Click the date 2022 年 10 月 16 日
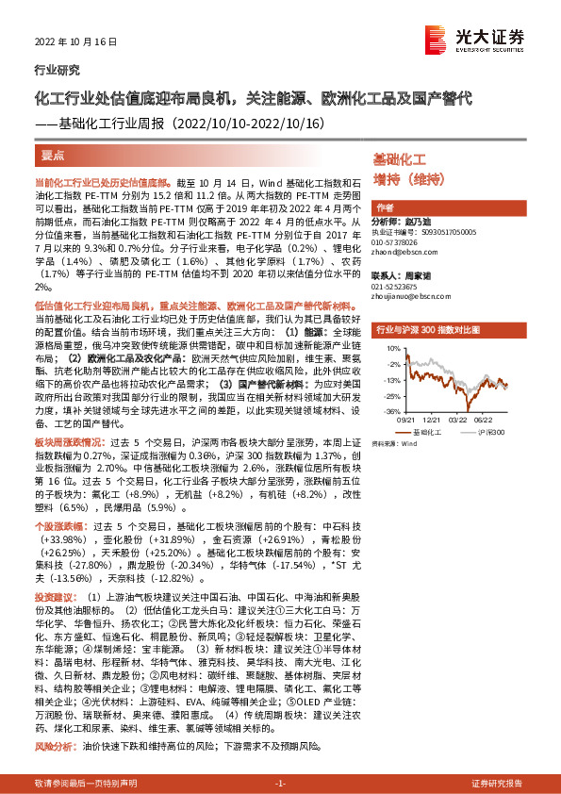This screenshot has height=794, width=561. coord(69,42)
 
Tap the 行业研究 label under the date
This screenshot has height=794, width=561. coord(57,70)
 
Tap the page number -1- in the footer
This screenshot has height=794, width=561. coord(280,784)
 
